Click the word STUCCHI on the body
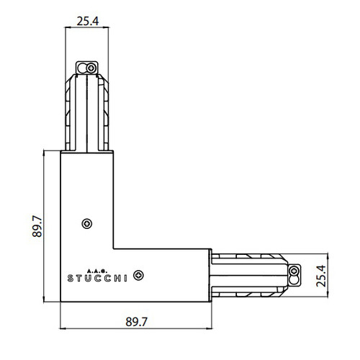pyautogui.click(x=99, y=274)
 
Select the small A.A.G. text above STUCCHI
pyautogui.click(x=98, y=265)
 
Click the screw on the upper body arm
pyautogui.click(x=87, y=224)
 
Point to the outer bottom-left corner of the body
pyautogui.click(x=60, y=300)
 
